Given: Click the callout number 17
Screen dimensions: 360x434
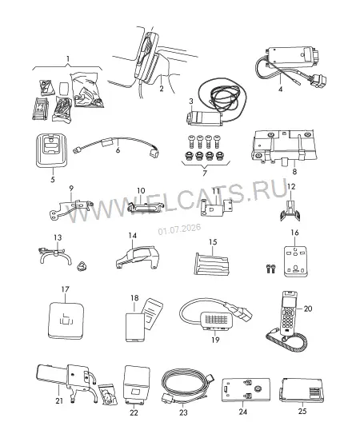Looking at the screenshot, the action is (x=65, y=289).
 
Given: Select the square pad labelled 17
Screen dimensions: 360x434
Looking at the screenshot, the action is (x=66, y=321).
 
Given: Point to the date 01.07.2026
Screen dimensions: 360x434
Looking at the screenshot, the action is (x=179, y=229).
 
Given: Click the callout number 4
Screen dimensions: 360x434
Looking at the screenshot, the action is (x=281, y=90).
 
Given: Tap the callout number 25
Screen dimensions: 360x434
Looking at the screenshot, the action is (x=302, y=412).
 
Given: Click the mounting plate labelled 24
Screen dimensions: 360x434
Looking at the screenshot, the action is (x=246, y=389).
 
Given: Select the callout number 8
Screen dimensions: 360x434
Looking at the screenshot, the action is (x=294, y=172).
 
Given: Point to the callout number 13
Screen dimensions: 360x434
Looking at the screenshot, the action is (x=58, y=237).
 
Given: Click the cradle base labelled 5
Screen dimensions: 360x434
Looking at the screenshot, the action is (x=51, y=150).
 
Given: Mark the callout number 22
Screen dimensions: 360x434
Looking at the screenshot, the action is (x=134, y=412).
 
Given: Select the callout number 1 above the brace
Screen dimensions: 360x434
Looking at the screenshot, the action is (x=68, y=59).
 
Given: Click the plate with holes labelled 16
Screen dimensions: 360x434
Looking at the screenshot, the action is (x=295, y=261).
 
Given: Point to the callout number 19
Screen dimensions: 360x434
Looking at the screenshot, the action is (x=215, y=340).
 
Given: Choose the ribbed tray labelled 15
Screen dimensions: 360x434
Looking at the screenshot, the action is (x=212, y=264).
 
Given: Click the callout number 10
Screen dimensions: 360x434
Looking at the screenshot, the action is (x=141, y=191).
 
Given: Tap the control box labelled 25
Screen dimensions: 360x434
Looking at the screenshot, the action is (x=302, y=390).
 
